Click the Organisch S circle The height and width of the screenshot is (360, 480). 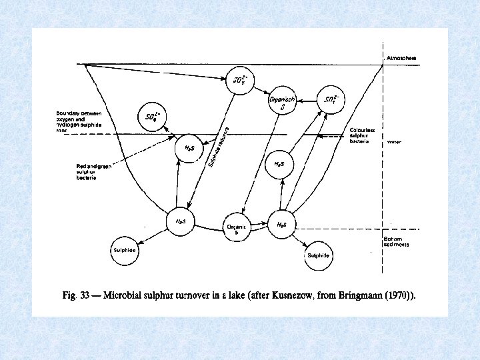click(277, 101)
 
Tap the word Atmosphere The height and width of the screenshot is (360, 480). click(402, 58)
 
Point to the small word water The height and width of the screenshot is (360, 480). click(394, 142)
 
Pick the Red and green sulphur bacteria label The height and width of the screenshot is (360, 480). click(94, 172)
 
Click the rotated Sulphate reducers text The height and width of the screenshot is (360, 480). click(218, 147)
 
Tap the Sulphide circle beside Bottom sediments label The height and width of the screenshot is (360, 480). click(319, 255)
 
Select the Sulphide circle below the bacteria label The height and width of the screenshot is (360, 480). click(125, 251)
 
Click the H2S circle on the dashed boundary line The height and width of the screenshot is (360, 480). click(187, 147)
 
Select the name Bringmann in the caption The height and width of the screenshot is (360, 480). click(367, 294)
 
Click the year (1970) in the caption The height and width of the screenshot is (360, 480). click(404, 294)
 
